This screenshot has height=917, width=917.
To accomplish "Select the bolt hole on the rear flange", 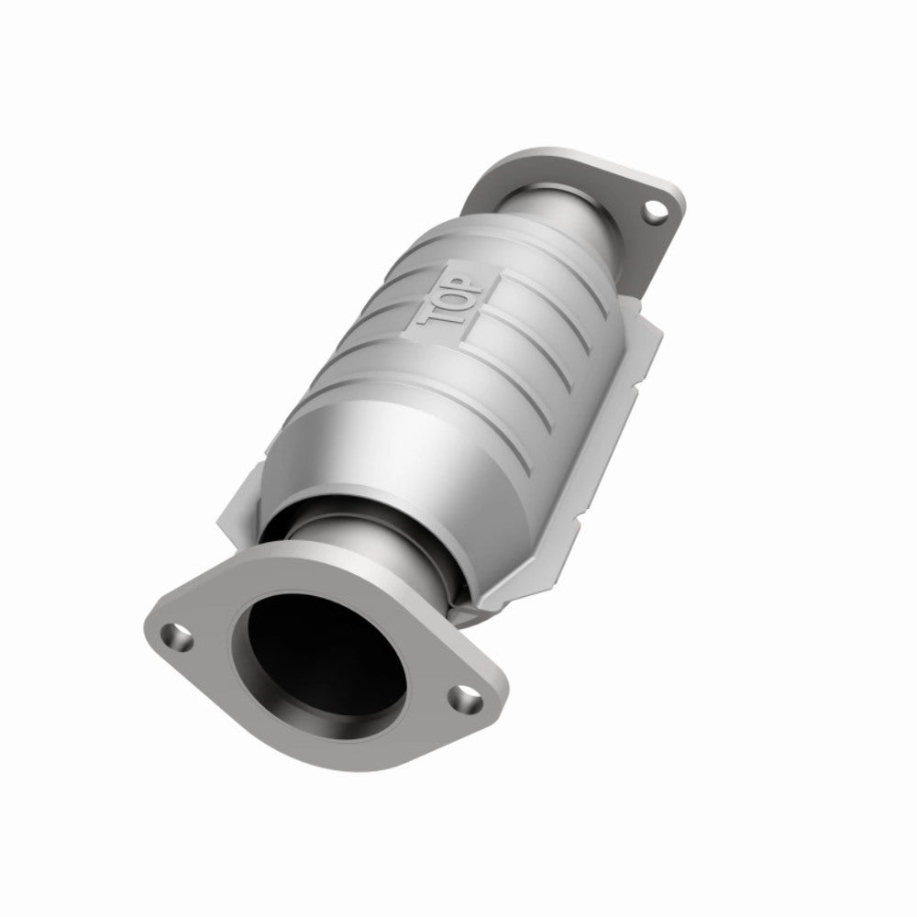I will pyautogui.click(x=654, y=212).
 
